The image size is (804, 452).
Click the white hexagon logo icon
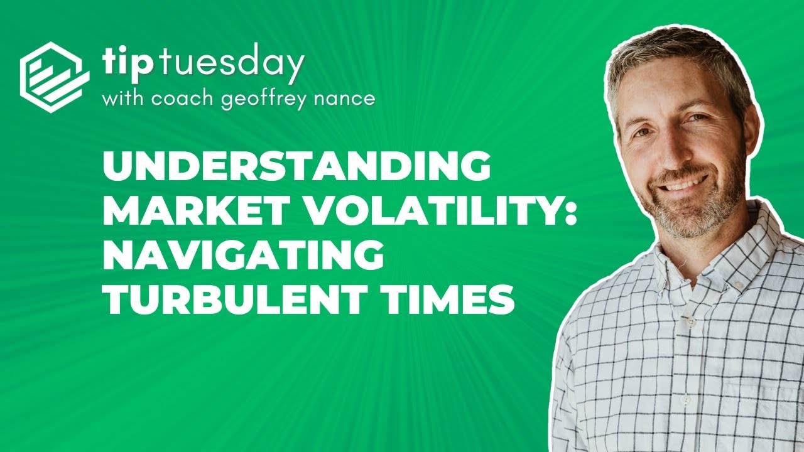(54, 77)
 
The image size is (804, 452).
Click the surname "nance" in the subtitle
(347, 99)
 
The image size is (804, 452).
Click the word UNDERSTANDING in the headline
(297, 166)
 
